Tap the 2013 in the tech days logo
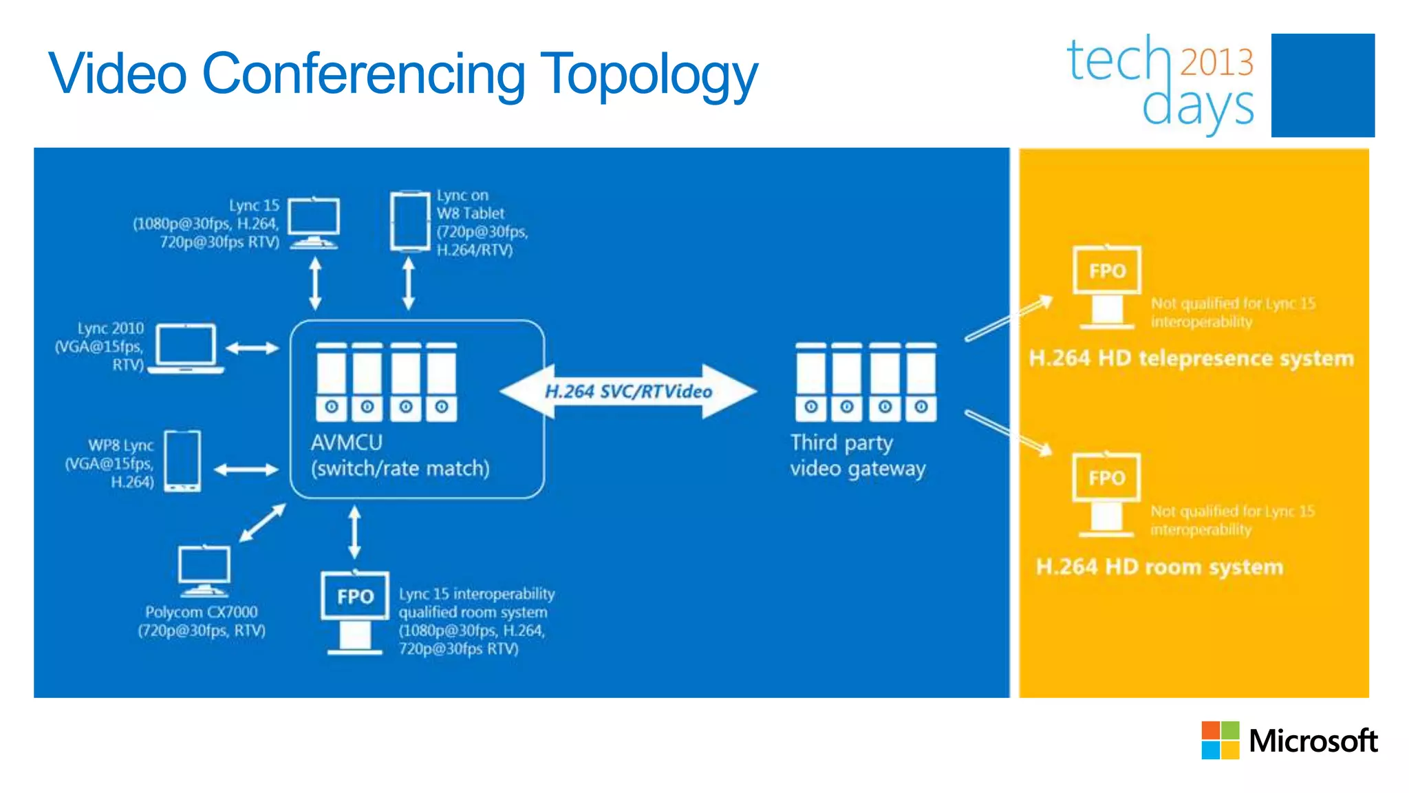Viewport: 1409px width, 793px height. click(x=1216, y=62)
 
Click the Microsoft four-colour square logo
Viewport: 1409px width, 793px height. click(x=1220, y=740)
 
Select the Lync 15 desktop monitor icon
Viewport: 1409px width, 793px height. click(x=313, y=222)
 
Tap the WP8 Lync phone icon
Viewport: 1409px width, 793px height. click(x=183, y=461)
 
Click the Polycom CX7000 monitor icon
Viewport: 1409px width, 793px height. click(x=204, y=571)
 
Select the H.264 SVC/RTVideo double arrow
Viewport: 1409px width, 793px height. click(x=628, y=392)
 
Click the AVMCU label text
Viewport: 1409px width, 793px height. click(x=346, y=443)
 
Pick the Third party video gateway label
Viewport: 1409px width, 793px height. click(x=857, y=455)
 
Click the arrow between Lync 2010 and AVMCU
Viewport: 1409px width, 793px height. click(x=252, y=348)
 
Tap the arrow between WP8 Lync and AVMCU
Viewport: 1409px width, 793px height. click(x=246, y=470)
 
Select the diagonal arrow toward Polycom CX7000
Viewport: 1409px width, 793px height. click(x=262, y=522)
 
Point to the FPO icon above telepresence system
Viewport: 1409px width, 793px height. click(x=1106, y=286)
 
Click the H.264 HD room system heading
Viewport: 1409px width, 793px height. click(x=1159, y=567)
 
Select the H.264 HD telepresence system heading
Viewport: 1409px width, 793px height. click(x=1191, y=358)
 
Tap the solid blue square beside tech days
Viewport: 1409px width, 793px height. click(x=1322, y=85)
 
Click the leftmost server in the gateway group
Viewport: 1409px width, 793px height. click(x=811, y=382)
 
